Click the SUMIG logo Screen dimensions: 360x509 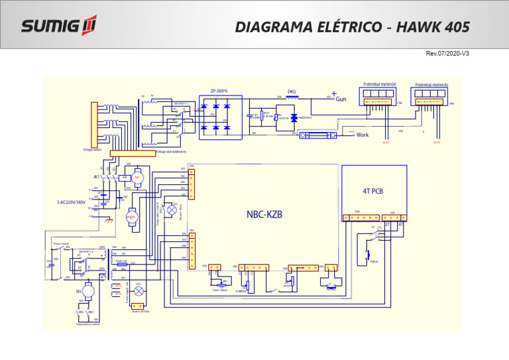[x=58, y=26]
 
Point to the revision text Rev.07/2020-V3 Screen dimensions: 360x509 [x=447, y=53]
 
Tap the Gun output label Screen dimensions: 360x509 [x=341, y=99]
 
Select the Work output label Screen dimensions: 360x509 [x=362, y=135]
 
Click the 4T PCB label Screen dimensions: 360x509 [x=372, y=191]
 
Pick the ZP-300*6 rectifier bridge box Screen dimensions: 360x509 [x=221, y=117]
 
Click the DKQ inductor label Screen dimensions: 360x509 [x=291, y=91]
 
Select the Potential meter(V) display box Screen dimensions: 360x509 [x=378, y=97]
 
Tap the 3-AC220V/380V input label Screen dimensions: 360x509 [x=72, y=202]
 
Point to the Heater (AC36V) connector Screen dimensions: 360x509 [x=138, y=306]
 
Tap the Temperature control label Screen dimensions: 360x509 [x=87, y=324]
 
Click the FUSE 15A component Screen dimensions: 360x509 [x=122, y=264]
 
